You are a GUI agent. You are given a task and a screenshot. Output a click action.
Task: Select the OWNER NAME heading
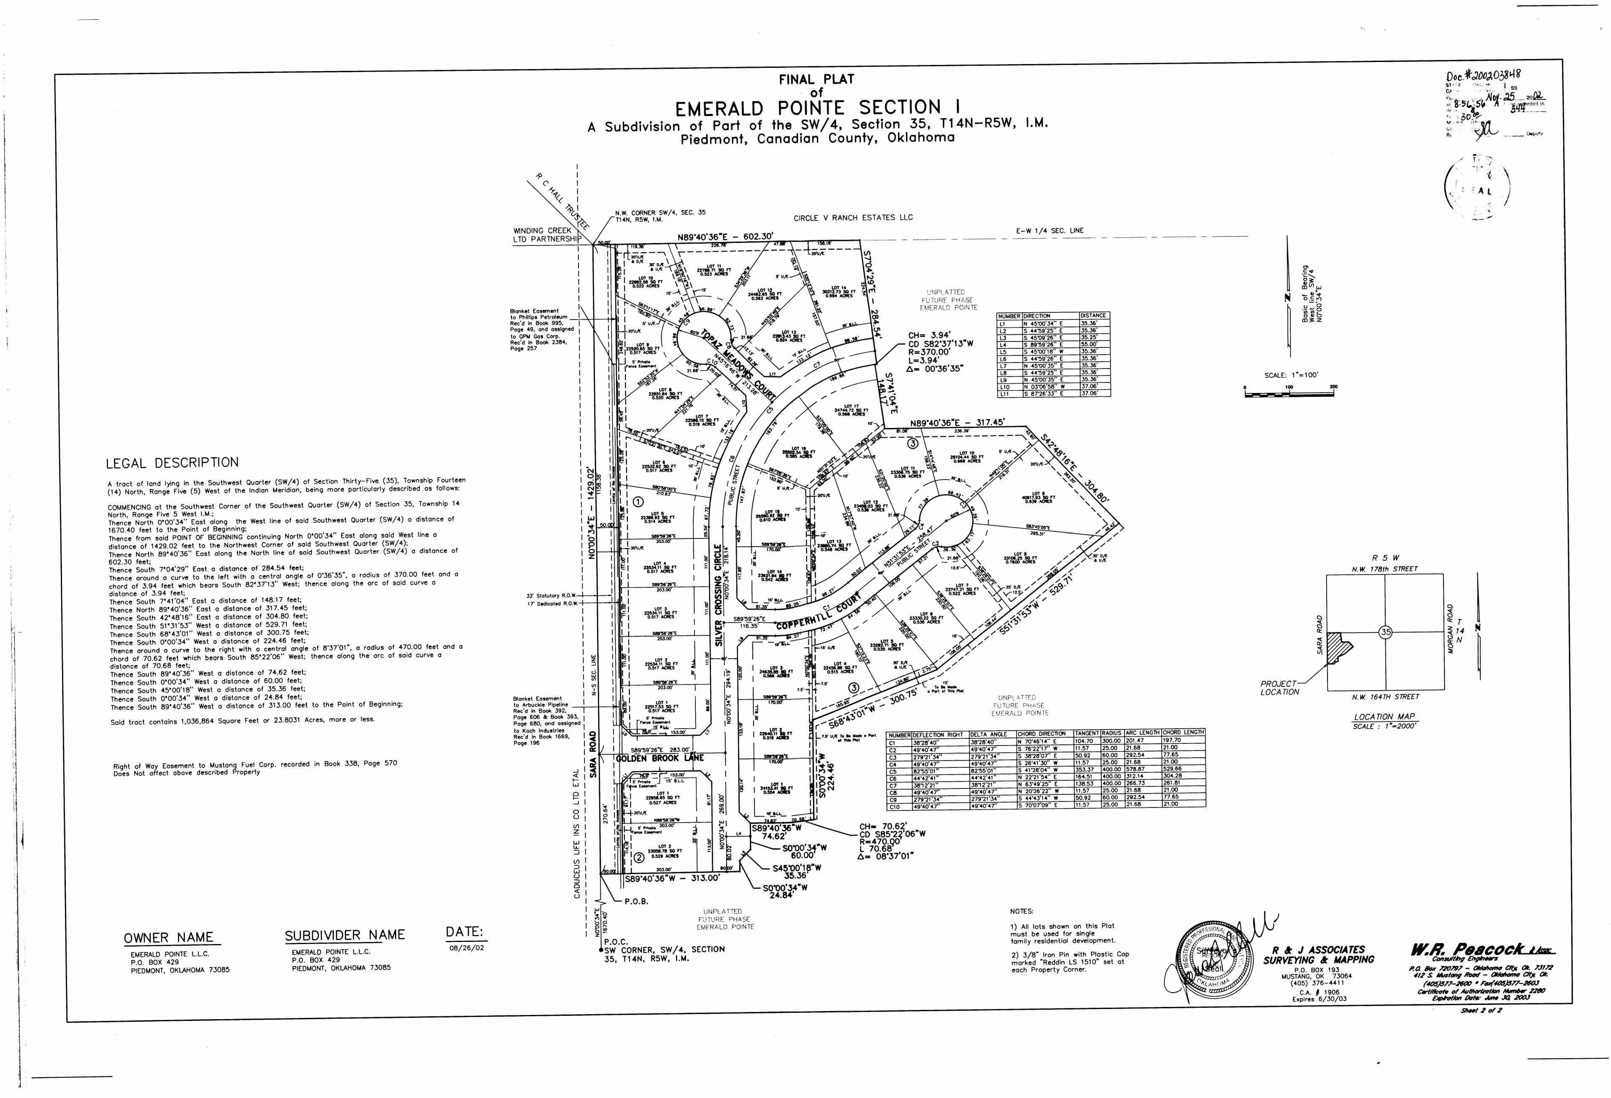168,938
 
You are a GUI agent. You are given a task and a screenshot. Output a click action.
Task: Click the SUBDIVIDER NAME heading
344,935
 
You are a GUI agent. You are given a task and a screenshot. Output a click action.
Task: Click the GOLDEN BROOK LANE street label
659,758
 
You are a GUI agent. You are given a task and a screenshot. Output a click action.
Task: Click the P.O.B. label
635,902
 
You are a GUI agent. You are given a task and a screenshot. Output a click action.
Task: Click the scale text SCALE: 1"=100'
1291,375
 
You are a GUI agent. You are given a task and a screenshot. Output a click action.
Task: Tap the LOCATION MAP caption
1384,716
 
